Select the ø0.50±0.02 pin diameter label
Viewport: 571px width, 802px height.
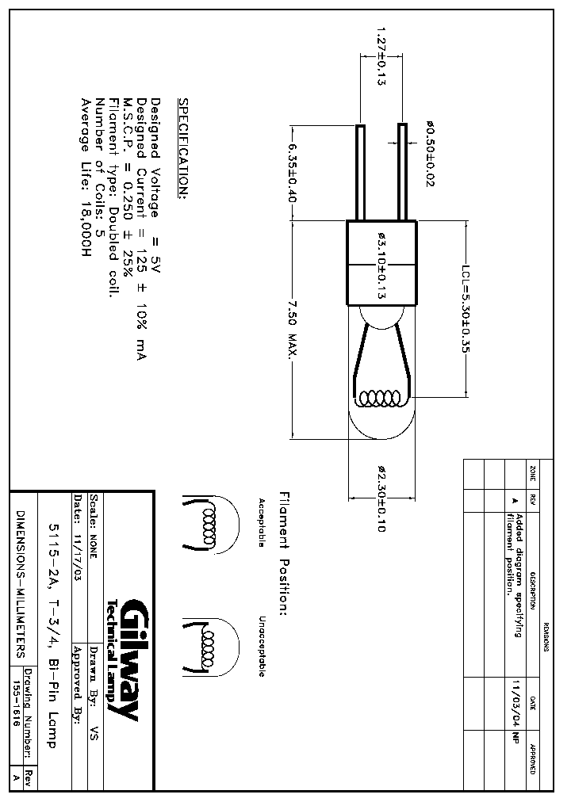(431, 154)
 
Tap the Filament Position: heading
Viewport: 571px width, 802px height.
(283, 552)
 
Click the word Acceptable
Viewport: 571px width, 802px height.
(260, 523)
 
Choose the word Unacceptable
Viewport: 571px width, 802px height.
(260, 646)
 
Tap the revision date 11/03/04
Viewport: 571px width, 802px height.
(516, 703)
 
